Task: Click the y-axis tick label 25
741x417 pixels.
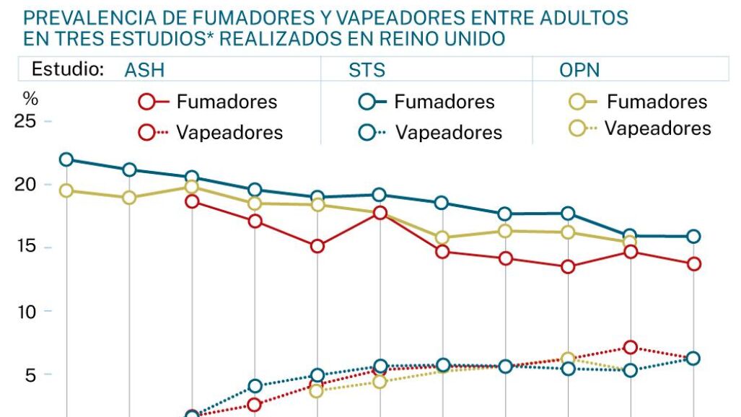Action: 25,121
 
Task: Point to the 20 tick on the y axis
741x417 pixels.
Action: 25,185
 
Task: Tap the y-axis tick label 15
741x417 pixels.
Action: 25,248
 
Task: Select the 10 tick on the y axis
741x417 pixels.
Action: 25,312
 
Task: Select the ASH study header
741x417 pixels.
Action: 144,70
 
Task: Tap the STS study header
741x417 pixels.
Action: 367,70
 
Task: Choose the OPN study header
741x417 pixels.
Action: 580,70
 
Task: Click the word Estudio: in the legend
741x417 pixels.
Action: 68,69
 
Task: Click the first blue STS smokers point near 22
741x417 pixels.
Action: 66,159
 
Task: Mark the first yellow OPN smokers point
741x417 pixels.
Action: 66,190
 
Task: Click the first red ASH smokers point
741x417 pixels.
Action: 192,201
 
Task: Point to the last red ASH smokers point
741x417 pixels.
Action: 694,264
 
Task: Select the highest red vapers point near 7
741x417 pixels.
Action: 631,348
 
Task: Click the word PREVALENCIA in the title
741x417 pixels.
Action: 90,17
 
